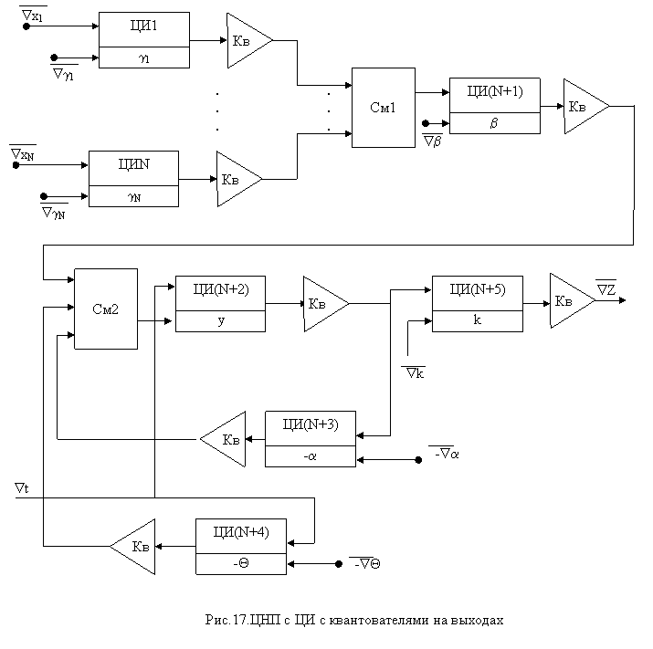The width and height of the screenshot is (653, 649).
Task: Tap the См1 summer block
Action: pyautogui.click(x=384, y=108)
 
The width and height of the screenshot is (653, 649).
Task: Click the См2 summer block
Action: pyautogui.click(x=106, y=309)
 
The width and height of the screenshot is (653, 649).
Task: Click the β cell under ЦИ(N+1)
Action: pyautogui.click(x=494, y=123)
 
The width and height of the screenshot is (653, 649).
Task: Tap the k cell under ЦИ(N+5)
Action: pyautogui.click(x=477, y=321)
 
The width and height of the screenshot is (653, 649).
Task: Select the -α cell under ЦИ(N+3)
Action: pyautogui.click(x=311, y=456)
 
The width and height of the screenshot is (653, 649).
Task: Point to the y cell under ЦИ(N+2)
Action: pyautogui.click(x=220, y=321)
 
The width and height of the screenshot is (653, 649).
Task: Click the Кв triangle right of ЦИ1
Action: pyautogui.click(x=245, y=40)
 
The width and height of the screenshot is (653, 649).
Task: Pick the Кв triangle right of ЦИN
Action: pyautogui.click(x=234, y=179)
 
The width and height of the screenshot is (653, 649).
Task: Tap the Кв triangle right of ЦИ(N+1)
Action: pyautogui.click(x=581, y=107)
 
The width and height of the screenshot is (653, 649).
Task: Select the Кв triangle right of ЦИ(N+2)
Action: pyautogui.click(x=321, y=304)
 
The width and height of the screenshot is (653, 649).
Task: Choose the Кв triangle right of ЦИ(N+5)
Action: pyautogui.click(x=567, y=301)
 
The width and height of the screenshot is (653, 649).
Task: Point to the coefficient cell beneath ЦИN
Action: pyautogui.click(x=133, y=196)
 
